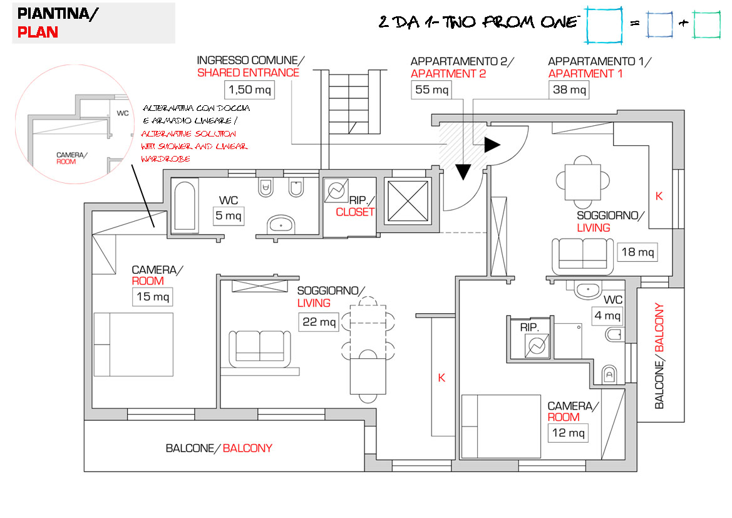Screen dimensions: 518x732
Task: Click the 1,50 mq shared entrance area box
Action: point(249,90)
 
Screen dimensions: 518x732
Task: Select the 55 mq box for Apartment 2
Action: point(431,90)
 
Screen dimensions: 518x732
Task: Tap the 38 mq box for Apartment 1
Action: point(569,90)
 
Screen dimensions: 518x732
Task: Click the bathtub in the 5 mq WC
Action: point(185,205)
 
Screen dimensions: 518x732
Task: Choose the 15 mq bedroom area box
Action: point(152,296)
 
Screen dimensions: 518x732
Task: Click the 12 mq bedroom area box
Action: point(569,432)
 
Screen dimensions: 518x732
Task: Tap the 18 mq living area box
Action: point(637,252)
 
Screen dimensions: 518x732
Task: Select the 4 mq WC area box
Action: point(607,316)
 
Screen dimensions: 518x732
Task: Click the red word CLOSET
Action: point(355,212)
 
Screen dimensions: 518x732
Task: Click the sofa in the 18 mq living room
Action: point(583,256)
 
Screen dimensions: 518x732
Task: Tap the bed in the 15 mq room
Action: point(133,344)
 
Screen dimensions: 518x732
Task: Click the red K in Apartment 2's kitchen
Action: point(441,378)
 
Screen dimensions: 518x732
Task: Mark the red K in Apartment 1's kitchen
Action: point(659,195)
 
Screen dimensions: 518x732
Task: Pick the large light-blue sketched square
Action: point(604,25)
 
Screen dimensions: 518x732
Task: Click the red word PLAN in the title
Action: point(38,33)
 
